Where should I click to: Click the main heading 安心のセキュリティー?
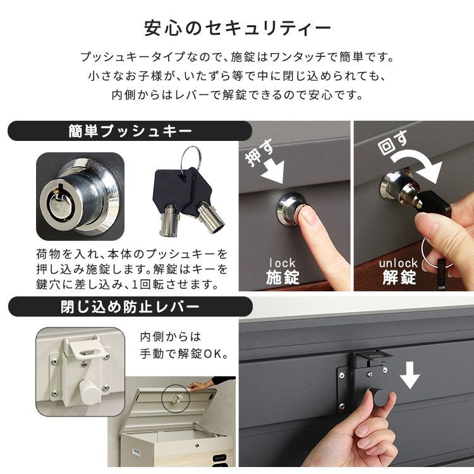pos(237,28)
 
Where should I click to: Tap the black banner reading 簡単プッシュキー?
pos(130,131)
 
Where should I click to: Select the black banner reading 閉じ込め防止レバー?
pos(130,308)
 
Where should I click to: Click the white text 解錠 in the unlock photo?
pos(398,277)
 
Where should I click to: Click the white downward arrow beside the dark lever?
pos(410,377)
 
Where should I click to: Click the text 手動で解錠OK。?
pos(184,353)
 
